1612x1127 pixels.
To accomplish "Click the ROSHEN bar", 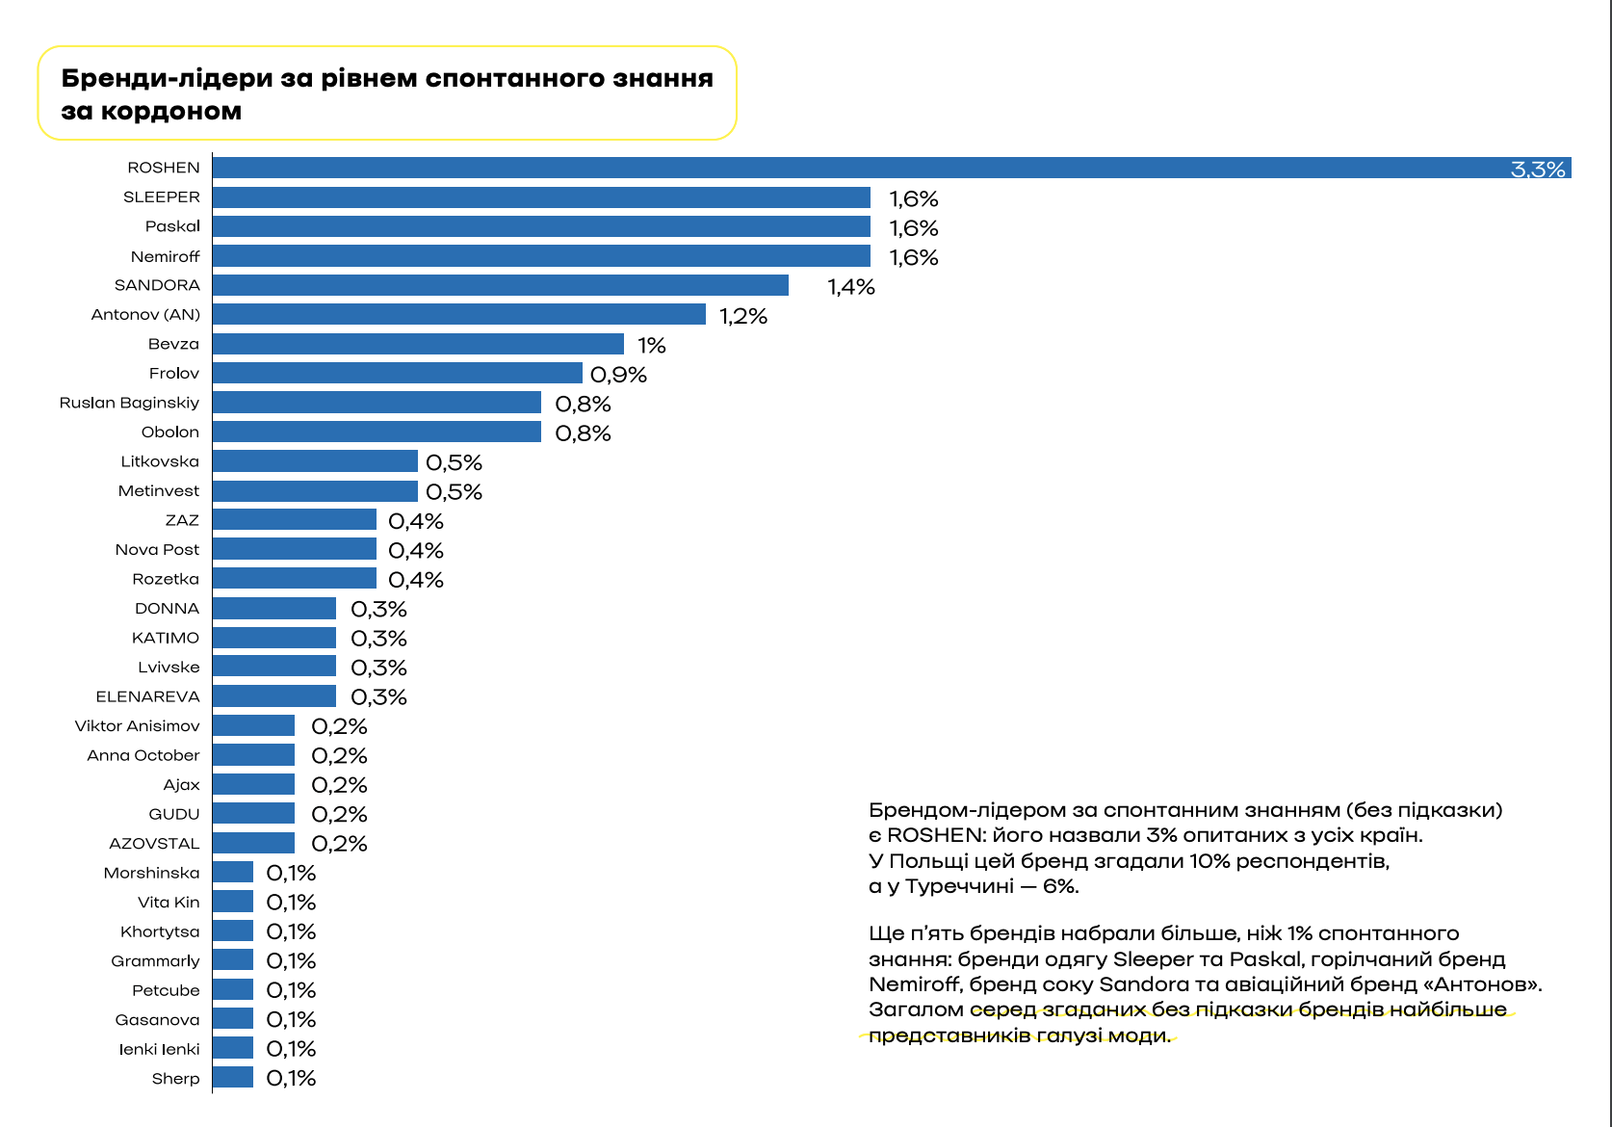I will click(867, 168).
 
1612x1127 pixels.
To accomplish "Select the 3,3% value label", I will click(1538, 170).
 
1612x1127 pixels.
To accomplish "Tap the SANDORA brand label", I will click(157, 285).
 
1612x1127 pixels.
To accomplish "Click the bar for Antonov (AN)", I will click(459, 314).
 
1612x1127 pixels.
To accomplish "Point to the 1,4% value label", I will click(851, 287).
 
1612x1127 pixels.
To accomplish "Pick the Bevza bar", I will click(418, 344).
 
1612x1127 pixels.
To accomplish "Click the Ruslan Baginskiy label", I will click(129, 403).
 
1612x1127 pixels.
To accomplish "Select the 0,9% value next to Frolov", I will click(618, 375).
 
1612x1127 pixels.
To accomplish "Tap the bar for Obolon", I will click(377, 432).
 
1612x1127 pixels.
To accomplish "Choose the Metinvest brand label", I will click(159, 491).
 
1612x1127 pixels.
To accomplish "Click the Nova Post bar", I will click(295, 549).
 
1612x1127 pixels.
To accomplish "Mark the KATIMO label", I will click(166, 638).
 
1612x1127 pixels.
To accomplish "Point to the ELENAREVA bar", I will click(274, 696).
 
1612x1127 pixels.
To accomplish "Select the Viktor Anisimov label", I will click(138, 726).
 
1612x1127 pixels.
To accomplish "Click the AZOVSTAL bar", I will click(253, 843).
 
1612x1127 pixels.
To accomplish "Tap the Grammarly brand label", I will click(155, 961).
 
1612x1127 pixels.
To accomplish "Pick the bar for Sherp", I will click(233, 1078).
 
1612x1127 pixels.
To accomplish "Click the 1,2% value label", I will click(743, 316).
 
